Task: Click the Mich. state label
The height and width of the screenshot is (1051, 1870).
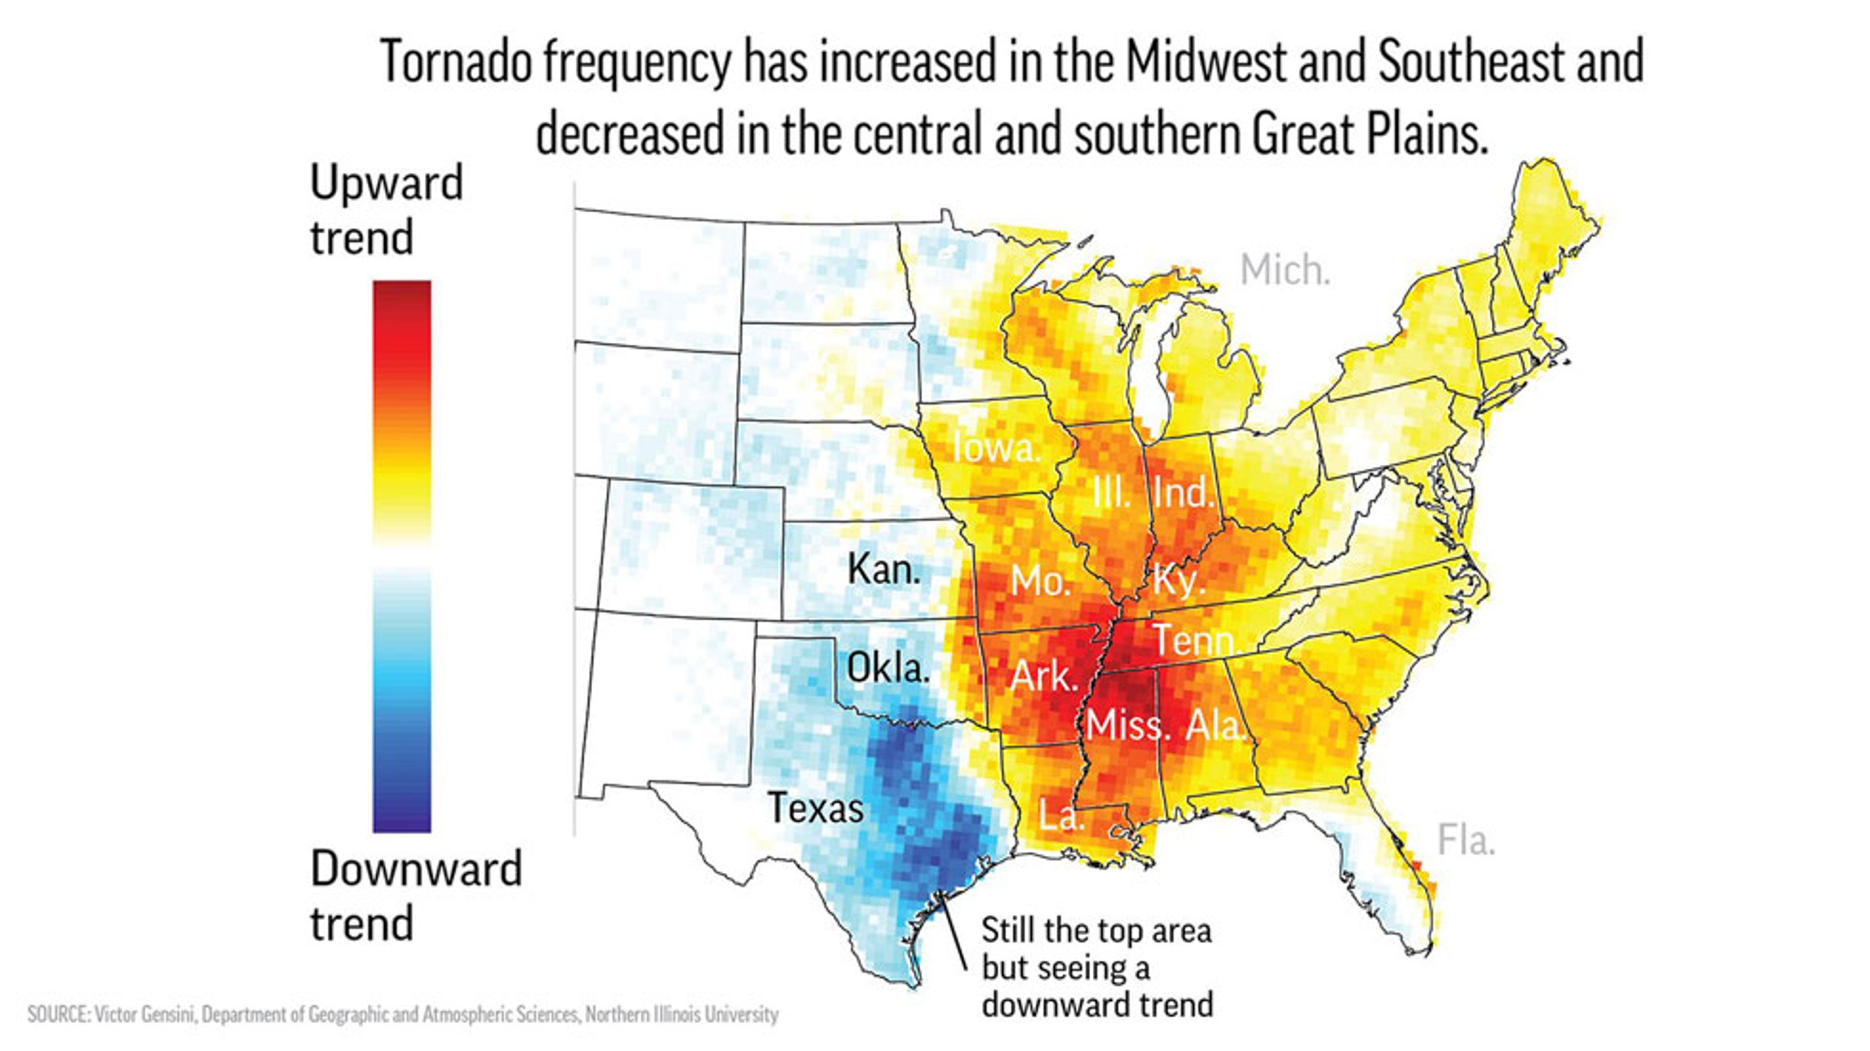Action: (x=1285, y=271)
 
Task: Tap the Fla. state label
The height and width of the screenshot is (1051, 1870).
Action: (x=1466, y=841)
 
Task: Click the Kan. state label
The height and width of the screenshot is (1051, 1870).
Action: (x=883, y=569)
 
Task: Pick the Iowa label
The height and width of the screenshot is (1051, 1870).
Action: (x=996, y=447)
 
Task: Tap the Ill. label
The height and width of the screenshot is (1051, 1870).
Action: (x=1111, y=494)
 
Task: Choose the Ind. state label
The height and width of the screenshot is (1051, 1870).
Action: (x=1183, y=494)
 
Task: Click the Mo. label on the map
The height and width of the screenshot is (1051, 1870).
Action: (x=1040, y=581)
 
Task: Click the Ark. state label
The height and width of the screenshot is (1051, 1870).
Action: (x=1044, y=677)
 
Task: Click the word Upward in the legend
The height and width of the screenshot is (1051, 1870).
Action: (x=386, y=183)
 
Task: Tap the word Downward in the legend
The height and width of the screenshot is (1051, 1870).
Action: (x=416, y=869)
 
